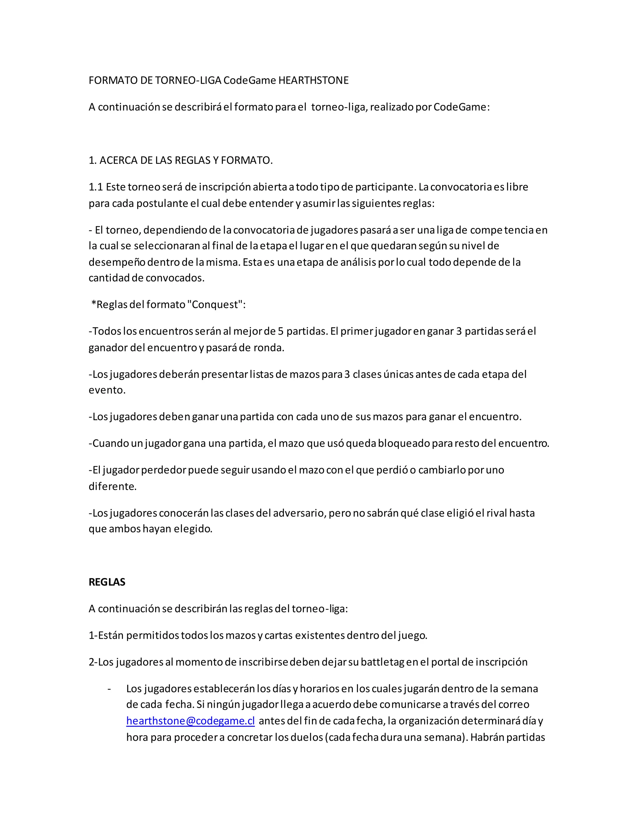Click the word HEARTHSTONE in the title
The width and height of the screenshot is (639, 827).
coord(314,81)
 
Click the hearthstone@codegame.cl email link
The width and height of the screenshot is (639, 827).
coord(190,721)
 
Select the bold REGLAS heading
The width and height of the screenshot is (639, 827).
coord(107,582)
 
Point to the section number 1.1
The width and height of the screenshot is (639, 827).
coord(95,187)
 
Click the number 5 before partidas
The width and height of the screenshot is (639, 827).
coord(280,331)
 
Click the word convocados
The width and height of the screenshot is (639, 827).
coord(175,278)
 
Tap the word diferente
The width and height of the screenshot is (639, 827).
coord(112,487)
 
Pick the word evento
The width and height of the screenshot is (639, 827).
coord(106,390)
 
